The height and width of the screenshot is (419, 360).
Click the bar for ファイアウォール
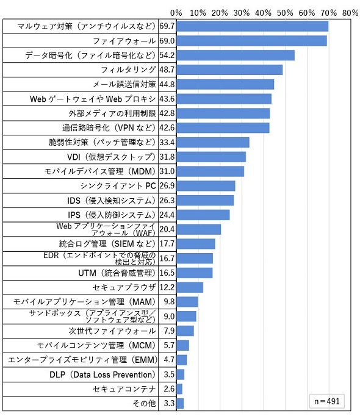(x=251, y=41)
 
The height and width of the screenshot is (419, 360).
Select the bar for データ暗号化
(x=236, y=56)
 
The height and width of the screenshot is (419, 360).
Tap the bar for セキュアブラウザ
(x=190, y=287)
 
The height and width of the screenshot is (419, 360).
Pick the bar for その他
(x=180, y=403)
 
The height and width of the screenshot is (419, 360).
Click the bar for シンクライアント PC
(x=206, y=186)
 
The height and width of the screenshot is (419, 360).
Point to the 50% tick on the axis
(x=285, y=13)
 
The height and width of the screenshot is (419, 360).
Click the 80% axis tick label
(x=350, y=13)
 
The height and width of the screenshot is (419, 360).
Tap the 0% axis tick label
(x=176, y=13)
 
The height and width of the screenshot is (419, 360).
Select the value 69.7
(x=167, y=26)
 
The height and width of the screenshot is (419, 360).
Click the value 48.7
(x=167, y=70)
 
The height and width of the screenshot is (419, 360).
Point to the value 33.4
(x=167, y=143)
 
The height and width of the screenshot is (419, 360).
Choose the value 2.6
(x=169, y=389)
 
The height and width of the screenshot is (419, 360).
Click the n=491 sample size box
(x=327, y=401)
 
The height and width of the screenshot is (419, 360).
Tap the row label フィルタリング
(x=128, y=70)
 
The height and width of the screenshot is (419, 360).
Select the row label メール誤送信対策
(x=124, y=84)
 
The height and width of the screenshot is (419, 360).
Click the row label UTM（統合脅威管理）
(x=117, y=273)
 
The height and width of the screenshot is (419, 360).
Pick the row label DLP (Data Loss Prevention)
(x=103, y=374)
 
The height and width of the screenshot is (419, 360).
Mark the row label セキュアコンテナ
(x=124, y=389)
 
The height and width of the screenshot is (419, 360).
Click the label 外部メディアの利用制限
(x=112, y=113)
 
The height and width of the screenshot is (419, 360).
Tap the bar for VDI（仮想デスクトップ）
(x=211, y=157)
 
